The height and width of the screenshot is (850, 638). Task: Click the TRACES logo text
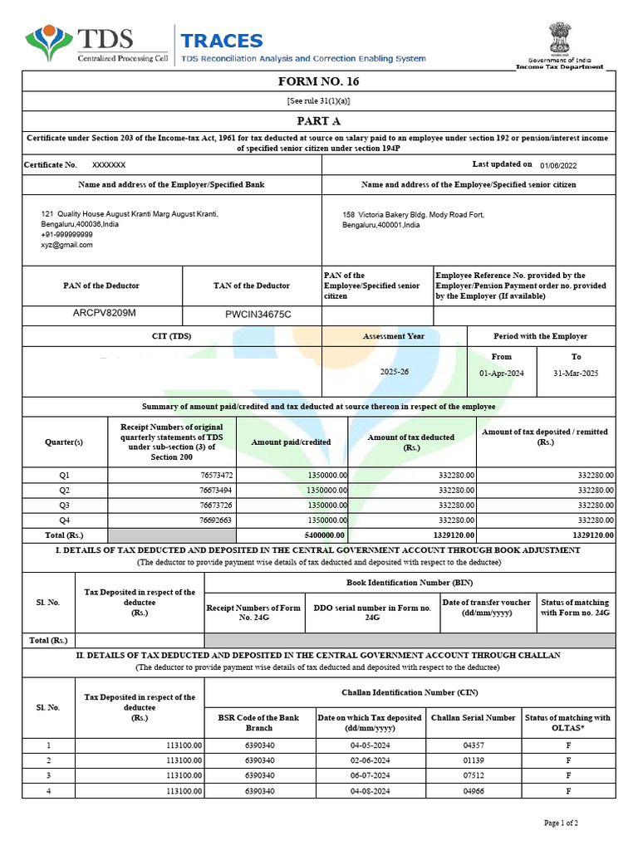[222, 41]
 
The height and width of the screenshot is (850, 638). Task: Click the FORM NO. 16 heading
[319, 81]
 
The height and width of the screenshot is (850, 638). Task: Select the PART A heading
[319, 121]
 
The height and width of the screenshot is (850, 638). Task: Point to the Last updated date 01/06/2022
[557, 165]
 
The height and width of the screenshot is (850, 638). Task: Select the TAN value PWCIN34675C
[258, 315]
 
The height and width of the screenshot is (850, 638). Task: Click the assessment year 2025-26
[395, 372]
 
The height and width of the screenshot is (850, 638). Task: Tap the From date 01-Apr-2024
[502, 374]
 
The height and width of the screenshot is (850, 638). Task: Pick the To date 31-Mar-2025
[576, 374]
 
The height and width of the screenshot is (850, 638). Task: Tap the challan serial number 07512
[473, 775]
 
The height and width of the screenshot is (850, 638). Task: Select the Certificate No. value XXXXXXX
[109, 165]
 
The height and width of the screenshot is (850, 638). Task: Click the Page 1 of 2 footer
[561, 823]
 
